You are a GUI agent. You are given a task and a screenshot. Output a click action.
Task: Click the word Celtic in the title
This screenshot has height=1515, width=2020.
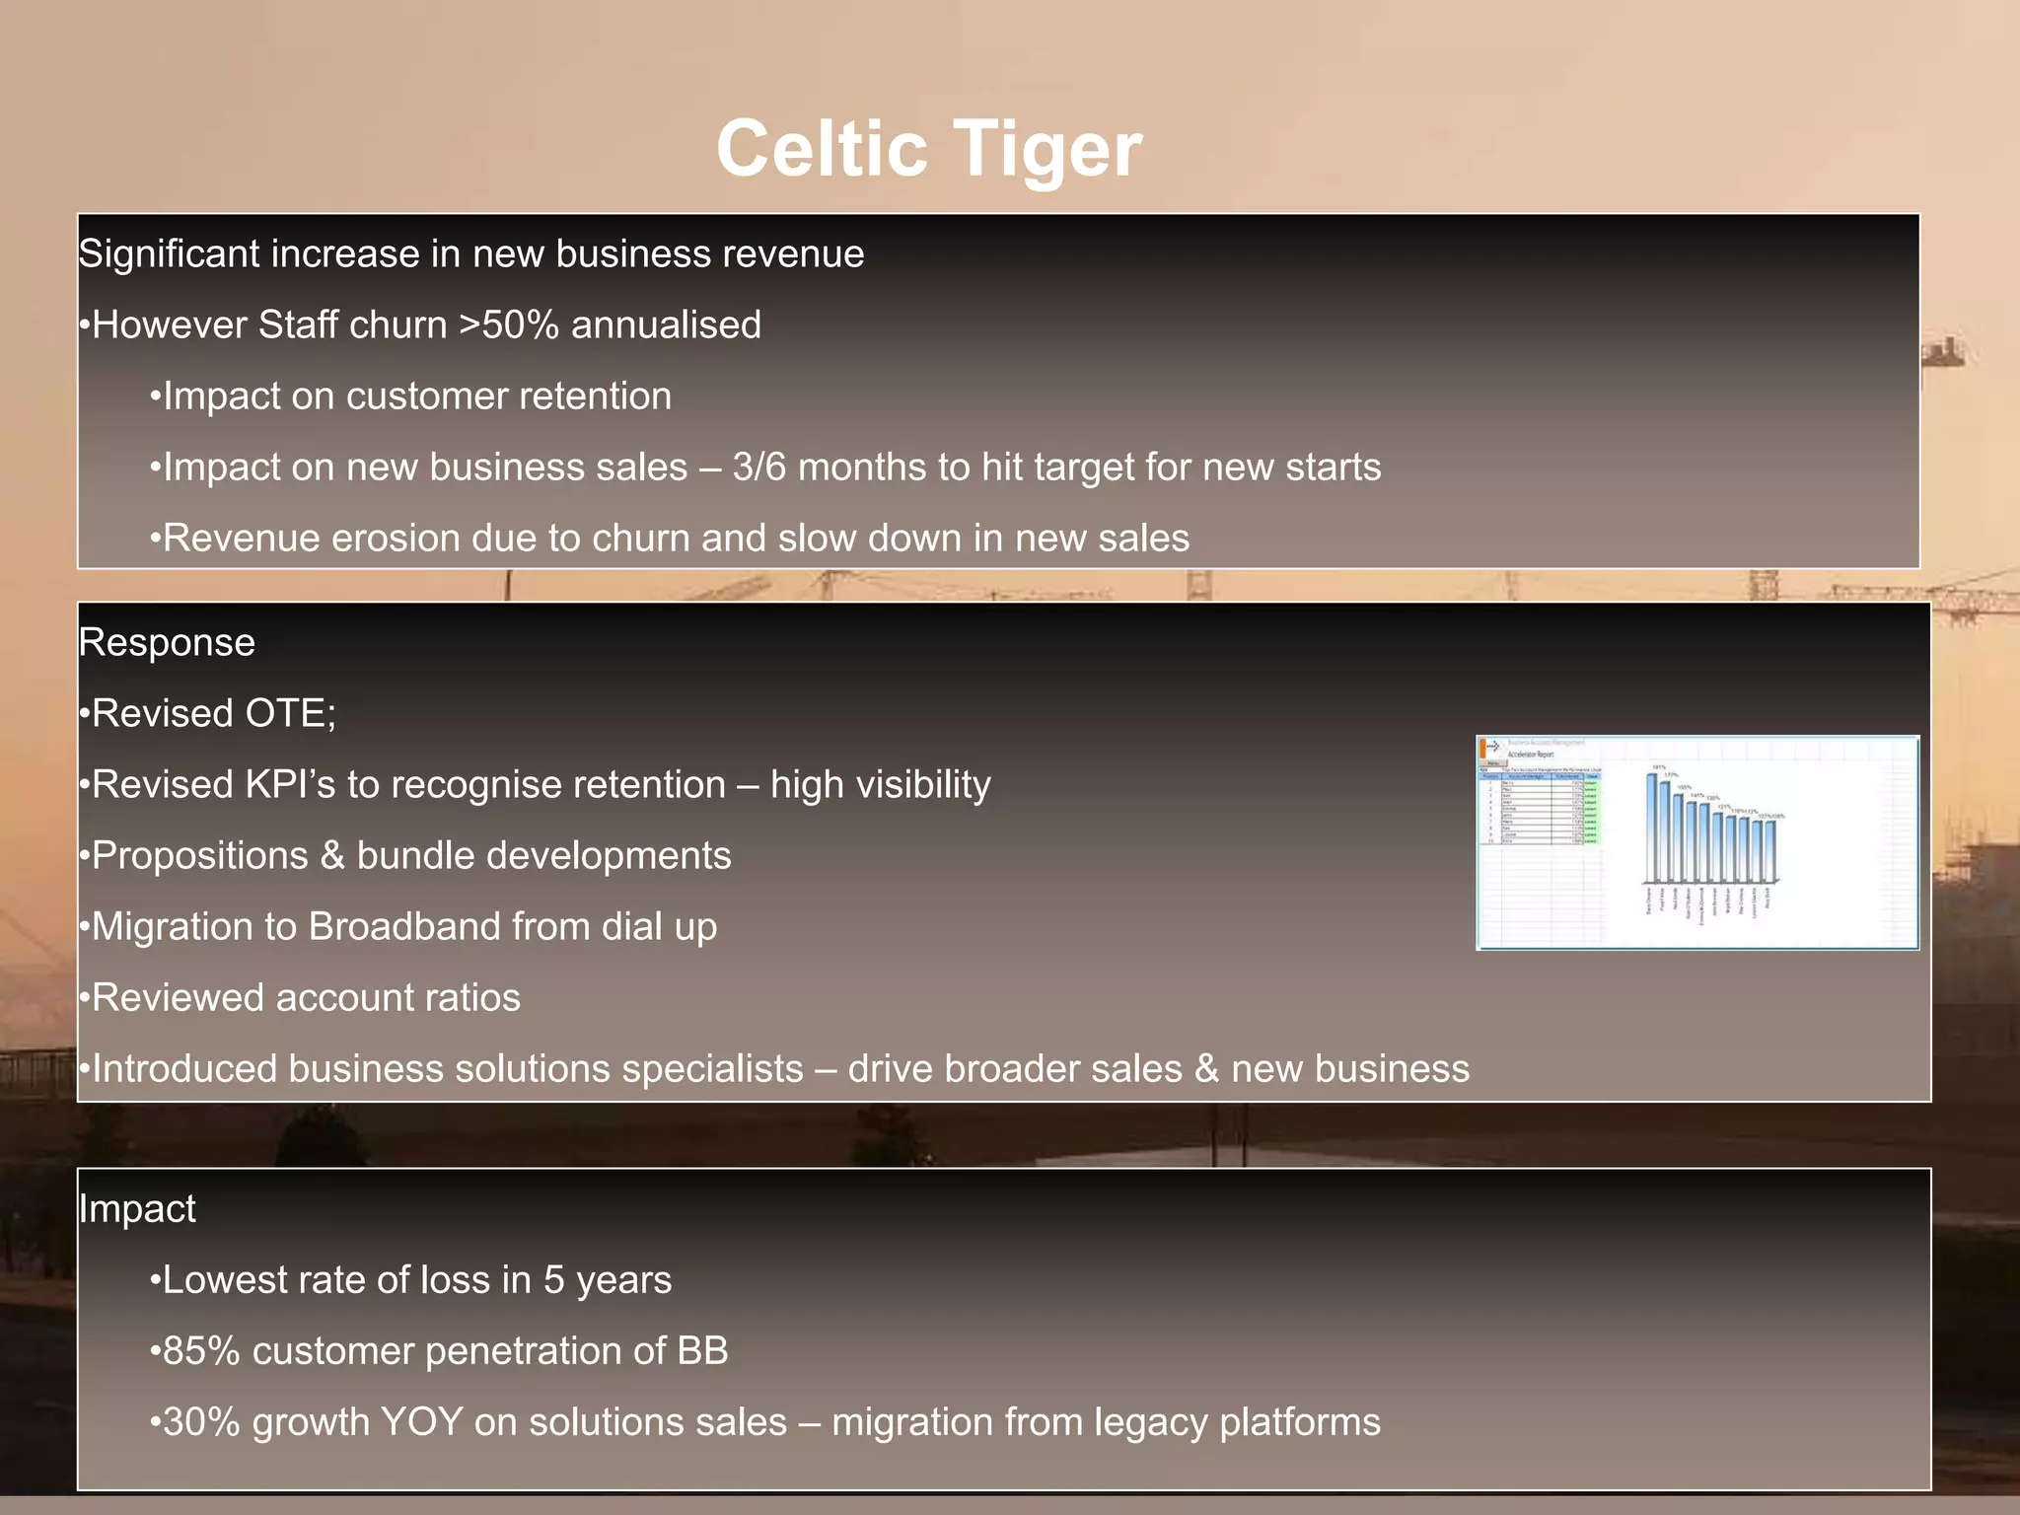pyautogui.click(x=822, y=148)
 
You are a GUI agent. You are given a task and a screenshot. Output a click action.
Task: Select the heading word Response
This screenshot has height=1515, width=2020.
pyautogui.click(x=167, y=643)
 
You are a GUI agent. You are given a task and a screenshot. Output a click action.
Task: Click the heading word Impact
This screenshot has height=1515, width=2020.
pyautogui.click(x=137, y=1209)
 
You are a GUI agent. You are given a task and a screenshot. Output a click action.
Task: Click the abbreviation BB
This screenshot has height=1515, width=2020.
pyautogui.click(x=702, y=1351)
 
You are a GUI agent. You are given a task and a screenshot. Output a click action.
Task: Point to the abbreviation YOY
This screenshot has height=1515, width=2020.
pyautogui.click(x=421, y=1422)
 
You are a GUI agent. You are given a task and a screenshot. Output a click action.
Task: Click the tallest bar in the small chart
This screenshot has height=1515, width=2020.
pyautogui.click(x=1652, y=829)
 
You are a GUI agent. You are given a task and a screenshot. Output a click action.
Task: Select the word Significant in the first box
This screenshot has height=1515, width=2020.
pyautogui.click(x=168, y=254)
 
